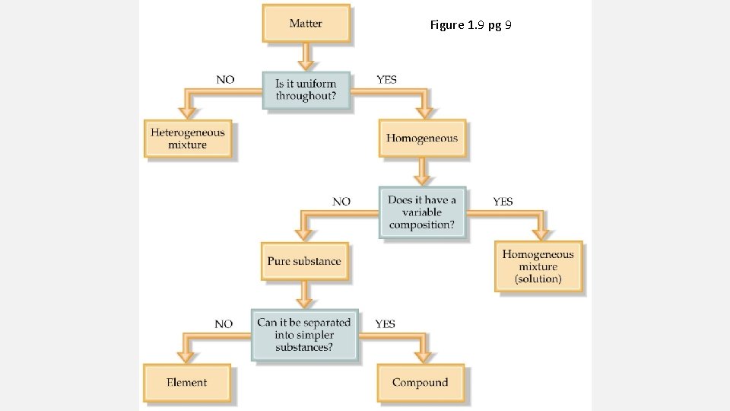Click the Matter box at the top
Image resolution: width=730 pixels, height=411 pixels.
coord(306,24)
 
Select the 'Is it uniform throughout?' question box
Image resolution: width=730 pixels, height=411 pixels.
coord(306,90)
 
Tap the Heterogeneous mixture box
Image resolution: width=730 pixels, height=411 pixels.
coord(187,139)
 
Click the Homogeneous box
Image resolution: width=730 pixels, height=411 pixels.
coord(422,139)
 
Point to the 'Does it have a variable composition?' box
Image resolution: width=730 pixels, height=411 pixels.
coord(422,212)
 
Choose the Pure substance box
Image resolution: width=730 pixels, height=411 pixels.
coord(304,261)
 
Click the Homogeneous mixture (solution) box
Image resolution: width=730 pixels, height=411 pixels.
coord(538,266)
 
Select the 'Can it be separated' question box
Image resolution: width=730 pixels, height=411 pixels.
coord(304,335)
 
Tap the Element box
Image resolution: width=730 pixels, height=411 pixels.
coord(187,383)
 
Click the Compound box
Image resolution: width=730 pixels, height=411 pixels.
coord(421,383)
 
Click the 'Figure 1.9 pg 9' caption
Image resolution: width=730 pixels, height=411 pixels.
coord(471,25)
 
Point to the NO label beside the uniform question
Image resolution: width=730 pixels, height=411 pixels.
coord(225,79)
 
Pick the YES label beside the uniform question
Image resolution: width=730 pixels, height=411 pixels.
coord(386,79)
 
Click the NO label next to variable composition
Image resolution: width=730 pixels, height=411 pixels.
coord(341,202)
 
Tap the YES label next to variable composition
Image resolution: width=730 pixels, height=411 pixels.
coord(503,202)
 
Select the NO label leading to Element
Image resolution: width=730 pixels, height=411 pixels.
coord(224,324)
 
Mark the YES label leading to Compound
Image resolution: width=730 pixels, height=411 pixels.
coord(385,324)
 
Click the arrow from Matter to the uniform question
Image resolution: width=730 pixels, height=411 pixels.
coord(306,56)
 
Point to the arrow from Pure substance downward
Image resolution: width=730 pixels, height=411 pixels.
coord(304,293)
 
